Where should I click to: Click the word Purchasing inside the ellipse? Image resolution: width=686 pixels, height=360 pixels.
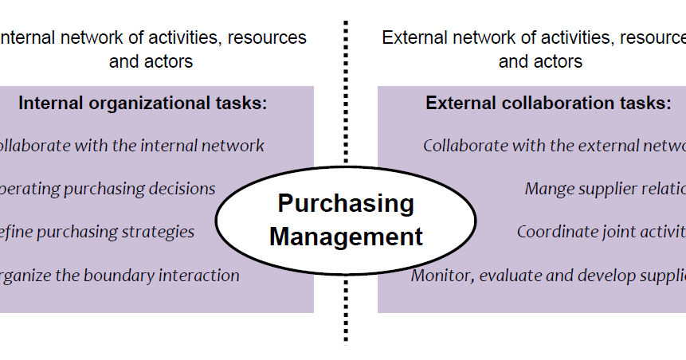(346, 204)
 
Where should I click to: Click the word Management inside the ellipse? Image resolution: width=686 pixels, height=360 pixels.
(346, 236)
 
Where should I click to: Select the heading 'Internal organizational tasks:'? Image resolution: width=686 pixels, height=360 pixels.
(143, 103)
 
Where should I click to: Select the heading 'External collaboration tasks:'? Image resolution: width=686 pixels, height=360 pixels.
(548, 103)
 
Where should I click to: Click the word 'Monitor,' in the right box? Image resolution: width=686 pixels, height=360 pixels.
(441, 276)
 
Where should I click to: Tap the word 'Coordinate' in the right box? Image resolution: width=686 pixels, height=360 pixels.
(553, 232)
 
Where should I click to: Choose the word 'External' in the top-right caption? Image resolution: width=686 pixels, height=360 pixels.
(411, 37)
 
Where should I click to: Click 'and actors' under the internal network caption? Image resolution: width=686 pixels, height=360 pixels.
(151, 61)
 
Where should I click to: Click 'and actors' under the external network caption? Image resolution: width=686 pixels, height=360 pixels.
(540, 61)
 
